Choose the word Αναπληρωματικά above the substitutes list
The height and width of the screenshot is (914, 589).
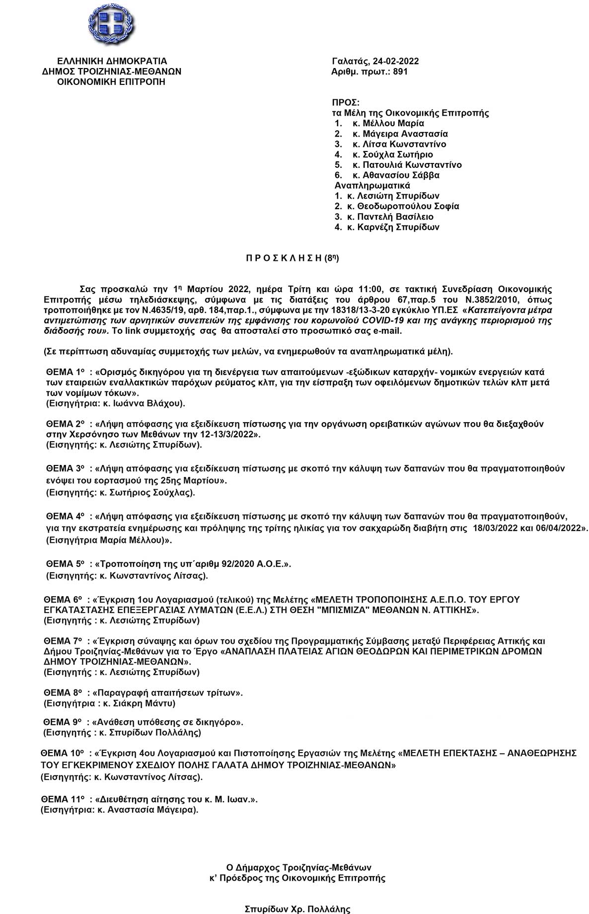366,185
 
